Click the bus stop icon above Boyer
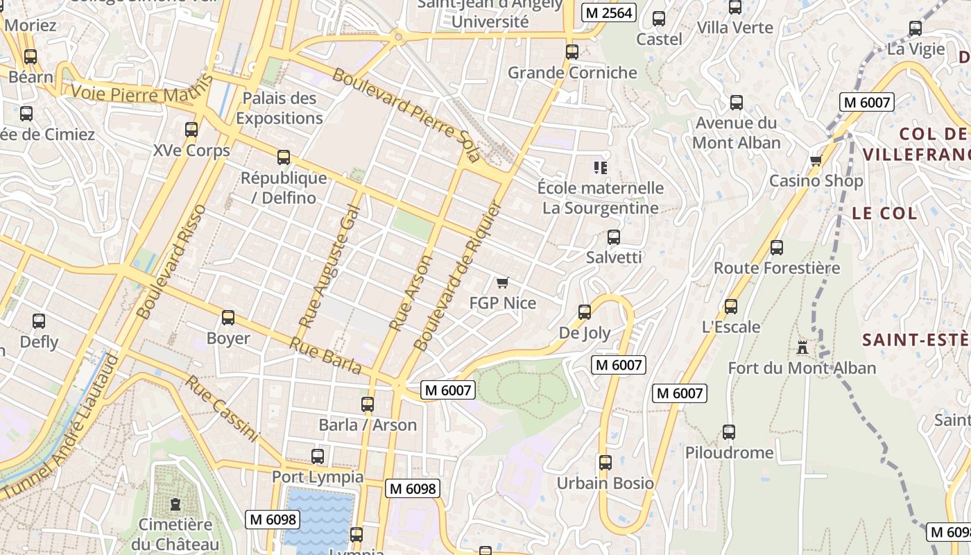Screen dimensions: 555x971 pyautogui.click(x=228, y=318)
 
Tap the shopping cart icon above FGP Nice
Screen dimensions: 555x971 pyautogui.click(x=503, y=282)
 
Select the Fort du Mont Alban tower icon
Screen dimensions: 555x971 pyautogui.click(x=802, y=347)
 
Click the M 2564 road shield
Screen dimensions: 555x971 pyautogui.click(x=608, y=12)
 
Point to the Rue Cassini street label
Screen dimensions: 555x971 pyautogui.click(x=222, y=409)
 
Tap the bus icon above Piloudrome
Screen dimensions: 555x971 pyautogui.click(x=729, y=432)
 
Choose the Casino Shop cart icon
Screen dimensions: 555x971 pyautogui.click(x=816, y=160)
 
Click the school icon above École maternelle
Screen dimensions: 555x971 pyautogui.click(x=601, y=167)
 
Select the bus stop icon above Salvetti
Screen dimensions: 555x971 pyautogui.click(x=614, y=237)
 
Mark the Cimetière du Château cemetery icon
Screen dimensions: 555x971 pyautogui.click(x=175, y=504)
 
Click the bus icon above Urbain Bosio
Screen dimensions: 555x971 pyautogui.click(x=605, y=463)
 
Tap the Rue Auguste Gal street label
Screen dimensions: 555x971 pyautogui.click(x=330, y=266)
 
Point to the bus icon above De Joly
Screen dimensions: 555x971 pyautogui.click(x=585, y=312)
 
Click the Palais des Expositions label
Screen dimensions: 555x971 pyautogui.click(x=280, y=108)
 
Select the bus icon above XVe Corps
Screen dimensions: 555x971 pyautogui.click(x=191, y=130)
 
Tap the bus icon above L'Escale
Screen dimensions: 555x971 pyautogui.click(x=730, y=307)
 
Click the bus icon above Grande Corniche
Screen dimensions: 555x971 pyautogui.click(x=572, y=52)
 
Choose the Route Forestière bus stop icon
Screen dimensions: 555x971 pyautogui.click(x=777, y=248)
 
